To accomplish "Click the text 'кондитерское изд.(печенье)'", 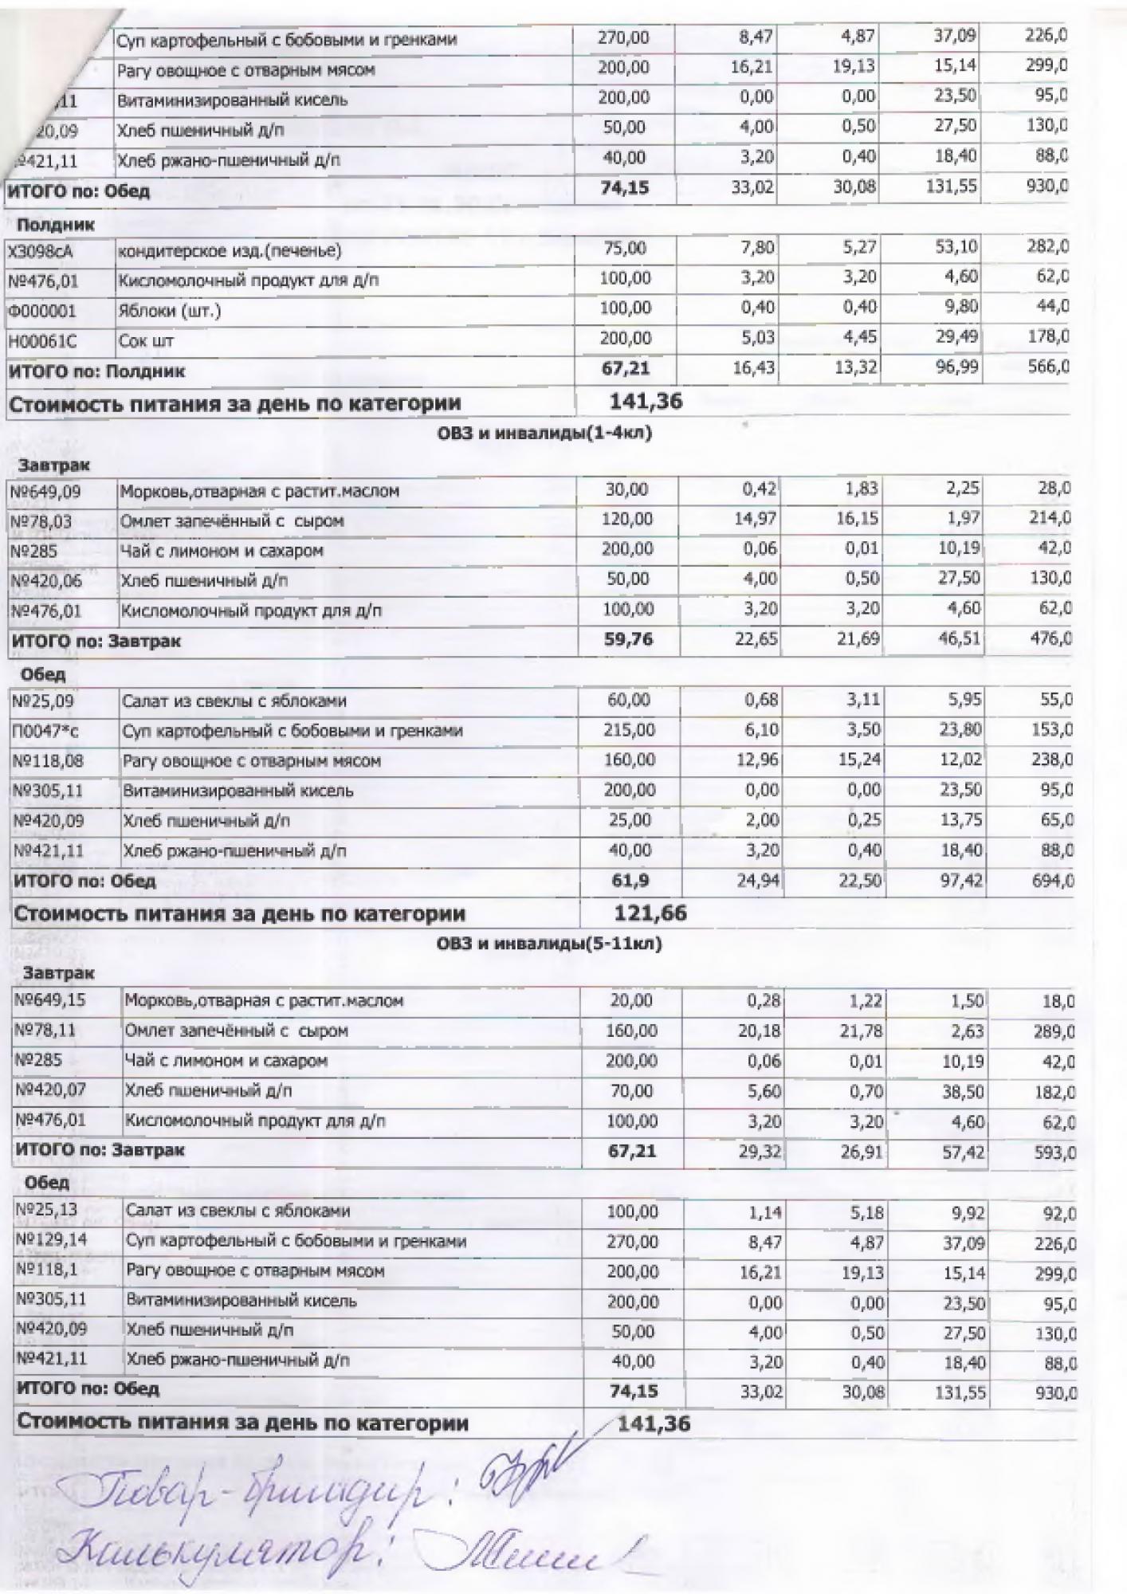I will (x=230, y=252).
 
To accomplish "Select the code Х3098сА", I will (x=42, y=252).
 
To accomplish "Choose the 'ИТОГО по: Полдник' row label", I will (x=96, y=371).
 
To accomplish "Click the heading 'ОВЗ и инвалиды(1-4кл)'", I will (x=545, y=434).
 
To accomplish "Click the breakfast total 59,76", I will (x=628, y=640).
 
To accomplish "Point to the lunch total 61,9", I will (x=630, y=881).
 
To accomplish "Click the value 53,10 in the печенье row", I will (x=956, y=248).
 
